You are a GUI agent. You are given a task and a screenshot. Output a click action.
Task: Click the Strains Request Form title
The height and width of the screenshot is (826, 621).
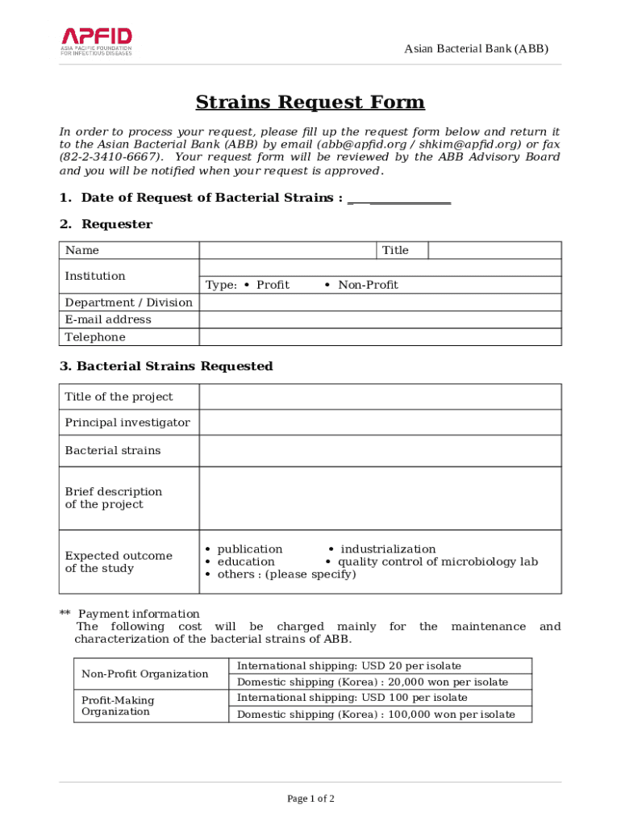click(310, 102)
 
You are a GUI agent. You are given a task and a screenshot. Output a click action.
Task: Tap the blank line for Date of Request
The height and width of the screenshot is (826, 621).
click(399, 199)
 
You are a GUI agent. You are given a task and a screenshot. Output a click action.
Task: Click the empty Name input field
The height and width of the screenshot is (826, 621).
click(287, 250)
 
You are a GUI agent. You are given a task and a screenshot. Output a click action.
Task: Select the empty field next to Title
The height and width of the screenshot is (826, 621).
click(494, 250)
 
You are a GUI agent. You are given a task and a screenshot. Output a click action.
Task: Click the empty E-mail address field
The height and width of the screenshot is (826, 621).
click(380, 319)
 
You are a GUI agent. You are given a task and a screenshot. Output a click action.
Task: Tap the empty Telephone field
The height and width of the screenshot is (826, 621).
click(380, 337)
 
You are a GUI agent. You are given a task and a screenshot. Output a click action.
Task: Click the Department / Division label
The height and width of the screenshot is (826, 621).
click(129, 302)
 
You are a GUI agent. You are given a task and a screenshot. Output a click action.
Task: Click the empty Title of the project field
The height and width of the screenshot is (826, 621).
click(380, 397)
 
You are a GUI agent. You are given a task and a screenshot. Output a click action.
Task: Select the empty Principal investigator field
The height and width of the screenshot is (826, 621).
click(380, 423)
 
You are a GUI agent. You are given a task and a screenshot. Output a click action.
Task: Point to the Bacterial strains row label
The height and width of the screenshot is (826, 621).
click(113, 450)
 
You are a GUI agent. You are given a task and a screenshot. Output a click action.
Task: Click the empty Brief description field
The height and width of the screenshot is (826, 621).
click(380, 498)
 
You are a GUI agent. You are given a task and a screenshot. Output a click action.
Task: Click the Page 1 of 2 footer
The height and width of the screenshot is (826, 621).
click(310, 799)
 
